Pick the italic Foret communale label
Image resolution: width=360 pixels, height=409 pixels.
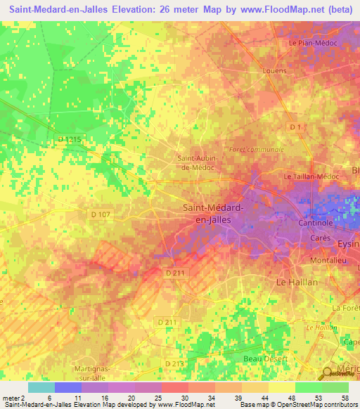tap(257, 150)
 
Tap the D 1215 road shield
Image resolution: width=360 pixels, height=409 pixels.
tap(70, 140)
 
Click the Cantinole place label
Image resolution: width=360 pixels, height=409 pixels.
tap(321, 223)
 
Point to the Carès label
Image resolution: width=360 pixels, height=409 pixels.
tap(321, 239)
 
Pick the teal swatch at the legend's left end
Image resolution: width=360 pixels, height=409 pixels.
tap(41, 387)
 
